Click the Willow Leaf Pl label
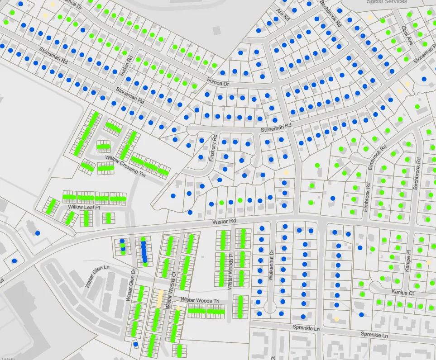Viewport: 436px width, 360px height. [x=84, y=207]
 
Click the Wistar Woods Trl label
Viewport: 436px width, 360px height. [x=200, y=299]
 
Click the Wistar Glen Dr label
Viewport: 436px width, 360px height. [x=131, y=285]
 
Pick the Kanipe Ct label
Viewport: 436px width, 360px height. [x=403, y=293]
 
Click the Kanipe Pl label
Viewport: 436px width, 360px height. [x=408, y=261]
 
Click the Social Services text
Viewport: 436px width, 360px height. [x=387, y=2]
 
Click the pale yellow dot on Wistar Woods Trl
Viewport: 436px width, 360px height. [x=178, y=308]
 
